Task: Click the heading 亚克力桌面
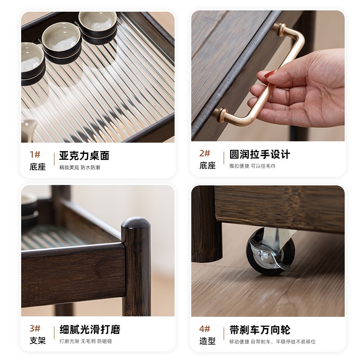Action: pos(84,156)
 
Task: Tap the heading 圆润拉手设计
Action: pos(260,154)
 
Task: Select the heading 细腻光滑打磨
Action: pos(90,329)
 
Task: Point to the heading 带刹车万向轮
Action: pos(260,329)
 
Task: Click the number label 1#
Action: pos(35,154)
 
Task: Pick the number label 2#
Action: pos(205,153)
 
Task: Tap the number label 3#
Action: pos(35,328)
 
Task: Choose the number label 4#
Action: pos(205,328)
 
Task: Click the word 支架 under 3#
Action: pos(38,341)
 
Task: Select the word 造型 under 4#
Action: pos(207,341)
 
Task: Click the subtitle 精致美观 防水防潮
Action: pos(80,167)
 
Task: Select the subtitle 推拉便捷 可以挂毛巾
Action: pos(252,166)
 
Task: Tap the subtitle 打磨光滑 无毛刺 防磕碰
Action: pos(85,341)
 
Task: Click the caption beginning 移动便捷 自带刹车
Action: pos(272,342)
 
